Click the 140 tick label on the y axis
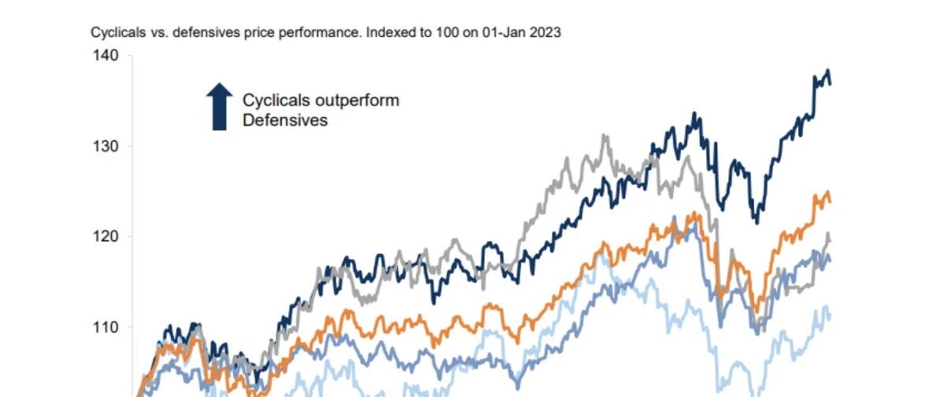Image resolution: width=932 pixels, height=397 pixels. [106, 55]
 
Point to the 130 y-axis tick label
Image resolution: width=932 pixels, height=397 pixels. [106, 147]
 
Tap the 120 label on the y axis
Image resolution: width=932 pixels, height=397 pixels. [106, 237]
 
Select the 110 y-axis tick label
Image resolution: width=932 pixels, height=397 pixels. [106, 328]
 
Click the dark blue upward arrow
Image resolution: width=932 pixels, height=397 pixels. [220, 106]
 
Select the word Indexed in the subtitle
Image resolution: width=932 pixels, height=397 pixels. [385, 33]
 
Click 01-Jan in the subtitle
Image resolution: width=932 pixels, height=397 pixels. [506, 33]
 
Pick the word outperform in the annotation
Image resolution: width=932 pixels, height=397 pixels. [363, 100]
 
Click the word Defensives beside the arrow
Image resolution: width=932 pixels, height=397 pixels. [285, 121]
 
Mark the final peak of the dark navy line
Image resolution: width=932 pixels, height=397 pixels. [827, 70]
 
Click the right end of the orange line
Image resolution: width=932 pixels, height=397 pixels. [830, 202]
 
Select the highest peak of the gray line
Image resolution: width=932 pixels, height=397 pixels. [605, 135]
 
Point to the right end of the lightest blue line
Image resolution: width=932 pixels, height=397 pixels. [830, 317]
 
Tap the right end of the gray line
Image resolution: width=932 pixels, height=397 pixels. [830, 241]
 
